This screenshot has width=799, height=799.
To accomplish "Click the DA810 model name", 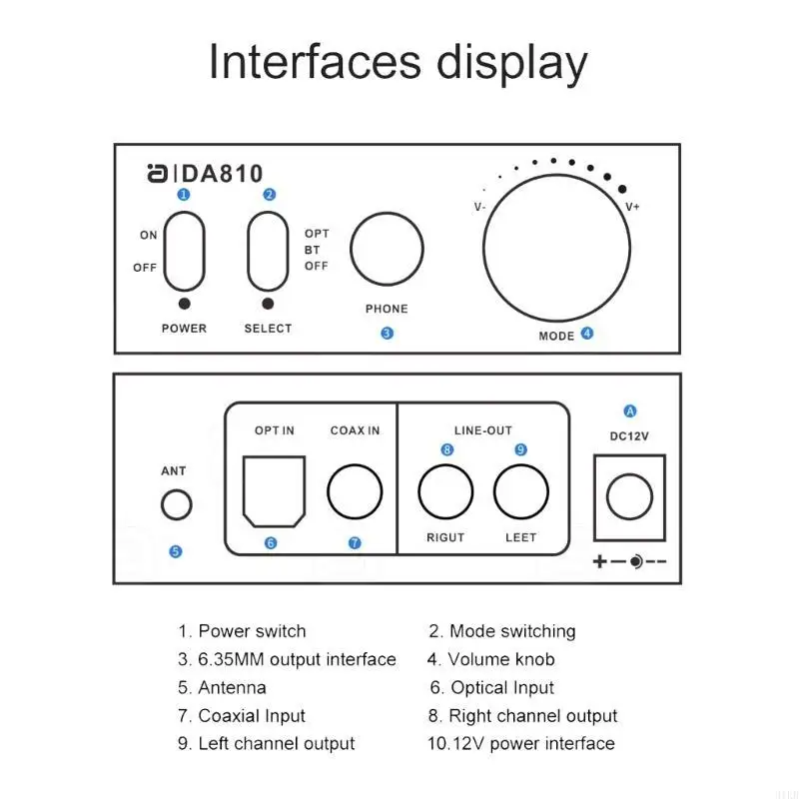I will (223, 174).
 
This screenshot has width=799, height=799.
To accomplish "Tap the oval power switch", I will (185, 251).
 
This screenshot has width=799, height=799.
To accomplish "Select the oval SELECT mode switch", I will (267, 251).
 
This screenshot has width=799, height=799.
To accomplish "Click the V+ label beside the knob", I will (632, 207).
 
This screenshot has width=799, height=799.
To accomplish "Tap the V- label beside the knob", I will (480, 207).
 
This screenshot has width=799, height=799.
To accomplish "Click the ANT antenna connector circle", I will (177, 504).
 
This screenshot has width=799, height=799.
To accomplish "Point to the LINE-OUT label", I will (483, 430).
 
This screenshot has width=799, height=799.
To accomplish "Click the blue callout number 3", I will (387, 334).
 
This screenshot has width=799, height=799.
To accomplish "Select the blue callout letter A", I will (629, 410).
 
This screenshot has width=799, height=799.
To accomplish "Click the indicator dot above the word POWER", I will (185, 304).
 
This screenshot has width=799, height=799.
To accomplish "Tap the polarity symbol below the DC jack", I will (629, 562).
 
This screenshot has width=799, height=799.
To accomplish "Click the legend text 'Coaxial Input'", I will (252, 715).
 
